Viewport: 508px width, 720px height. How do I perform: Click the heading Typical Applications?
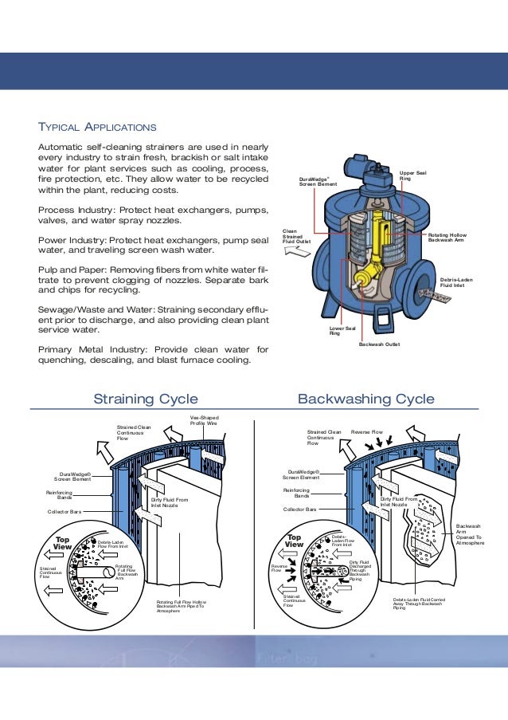[x=97, y=128]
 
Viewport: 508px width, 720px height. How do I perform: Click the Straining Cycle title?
[x=146, y=399]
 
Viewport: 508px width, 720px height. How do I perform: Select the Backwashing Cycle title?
[x=365, y=399]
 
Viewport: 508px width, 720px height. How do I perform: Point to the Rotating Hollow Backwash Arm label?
[x=447, y=238]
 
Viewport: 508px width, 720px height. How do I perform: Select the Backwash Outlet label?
[x=378, y=344]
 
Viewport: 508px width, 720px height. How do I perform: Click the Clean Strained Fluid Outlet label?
[x=296, y=236]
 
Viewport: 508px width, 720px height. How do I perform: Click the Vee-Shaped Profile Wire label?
[x=204, y=420]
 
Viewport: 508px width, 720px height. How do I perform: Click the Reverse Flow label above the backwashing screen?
[x=367, y=431]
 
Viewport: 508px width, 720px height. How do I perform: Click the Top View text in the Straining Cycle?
[x=62, y=543]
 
